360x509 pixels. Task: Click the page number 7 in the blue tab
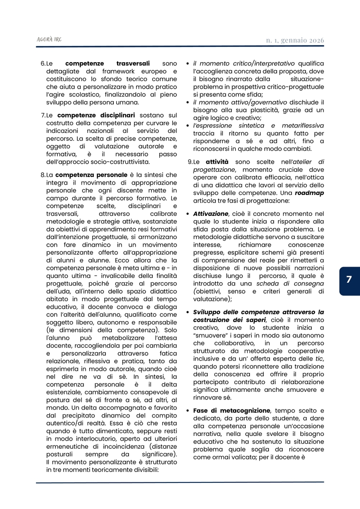(349, 280)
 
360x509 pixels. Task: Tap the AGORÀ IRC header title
(49, 39)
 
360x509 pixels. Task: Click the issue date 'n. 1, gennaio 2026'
(295, 40)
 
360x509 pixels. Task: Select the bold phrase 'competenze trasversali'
(107, 63)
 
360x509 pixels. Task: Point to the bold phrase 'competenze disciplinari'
(96, 115)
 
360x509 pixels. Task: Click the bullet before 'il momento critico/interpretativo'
(188, 64)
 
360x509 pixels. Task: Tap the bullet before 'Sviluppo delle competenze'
(188, 312)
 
